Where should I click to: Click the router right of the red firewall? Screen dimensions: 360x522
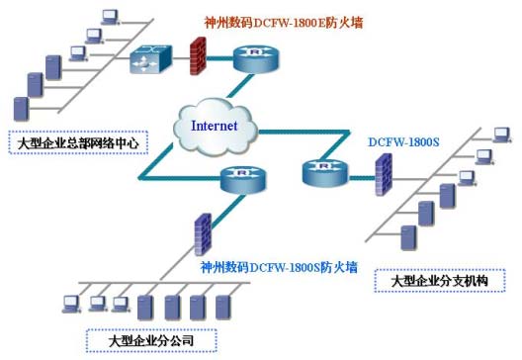coord(244,57)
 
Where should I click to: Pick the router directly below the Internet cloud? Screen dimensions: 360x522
coord(242,179)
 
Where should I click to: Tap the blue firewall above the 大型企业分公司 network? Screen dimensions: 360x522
coord(204,233)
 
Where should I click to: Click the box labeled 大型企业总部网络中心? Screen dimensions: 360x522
coord(78,143)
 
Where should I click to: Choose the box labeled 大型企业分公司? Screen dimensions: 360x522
coord(151,341)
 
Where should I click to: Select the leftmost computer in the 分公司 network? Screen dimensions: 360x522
coord(70,303)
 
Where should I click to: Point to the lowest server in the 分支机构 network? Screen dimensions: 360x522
coord(406,236)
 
